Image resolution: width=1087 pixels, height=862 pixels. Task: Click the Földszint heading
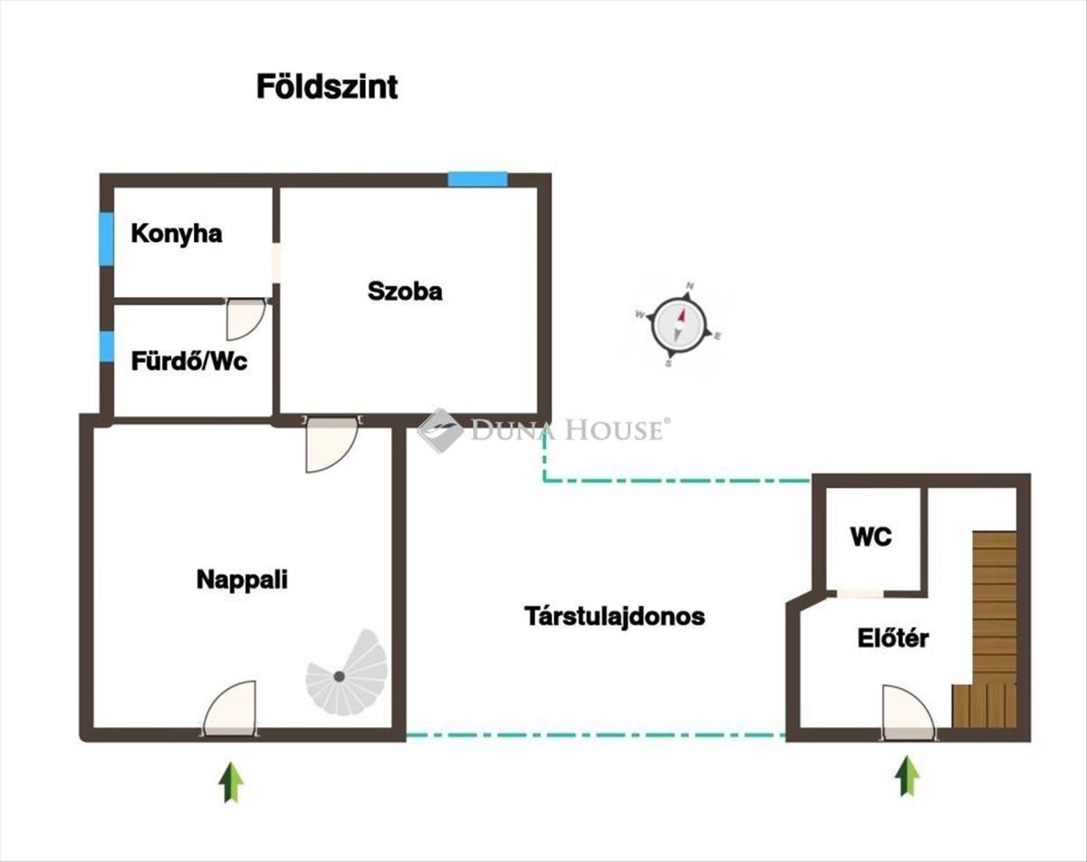[x=327, y=87]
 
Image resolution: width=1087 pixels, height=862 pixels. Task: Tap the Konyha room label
[x=177, y=234]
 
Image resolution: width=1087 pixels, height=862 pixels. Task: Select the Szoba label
[x=405, y=292]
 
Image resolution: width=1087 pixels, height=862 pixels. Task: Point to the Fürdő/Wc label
[x=189, y=362]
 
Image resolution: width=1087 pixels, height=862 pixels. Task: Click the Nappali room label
[x=242, y=580]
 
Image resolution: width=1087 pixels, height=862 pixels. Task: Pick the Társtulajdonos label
[x=615, y=616]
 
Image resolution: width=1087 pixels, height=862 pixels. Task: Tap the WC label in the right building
[x=871, y=537]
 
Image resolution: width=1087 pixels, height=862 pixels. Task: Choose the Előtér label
[x=893, y=638]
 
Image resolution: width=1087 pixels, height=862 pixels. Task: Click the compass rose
[x=678, y=325]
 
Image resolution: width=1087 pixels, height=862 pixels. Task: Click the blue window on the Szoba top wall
[x=478, y=179]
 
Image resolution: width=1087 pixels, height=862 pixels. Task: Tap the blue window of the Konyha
[x=106, y=238]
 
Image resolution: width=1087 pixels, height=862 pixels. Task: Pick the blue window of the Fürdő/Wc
[x=106, y=346]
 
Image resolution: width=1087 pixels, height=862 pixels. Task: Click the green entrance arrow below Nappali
[x=231, y=781]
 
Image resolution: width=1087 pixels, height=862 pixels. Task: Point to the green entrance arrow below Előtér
[x=907, y=776]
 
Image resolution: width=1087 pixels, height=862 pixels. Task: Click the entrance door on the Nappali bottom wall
[x=230, y=709]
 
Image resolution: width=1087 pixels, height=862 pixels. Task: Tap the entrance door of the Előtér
[x=909, y=712]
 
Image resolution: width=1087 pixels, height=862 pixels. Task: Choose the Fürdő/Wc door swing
[x=245, y=318]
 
